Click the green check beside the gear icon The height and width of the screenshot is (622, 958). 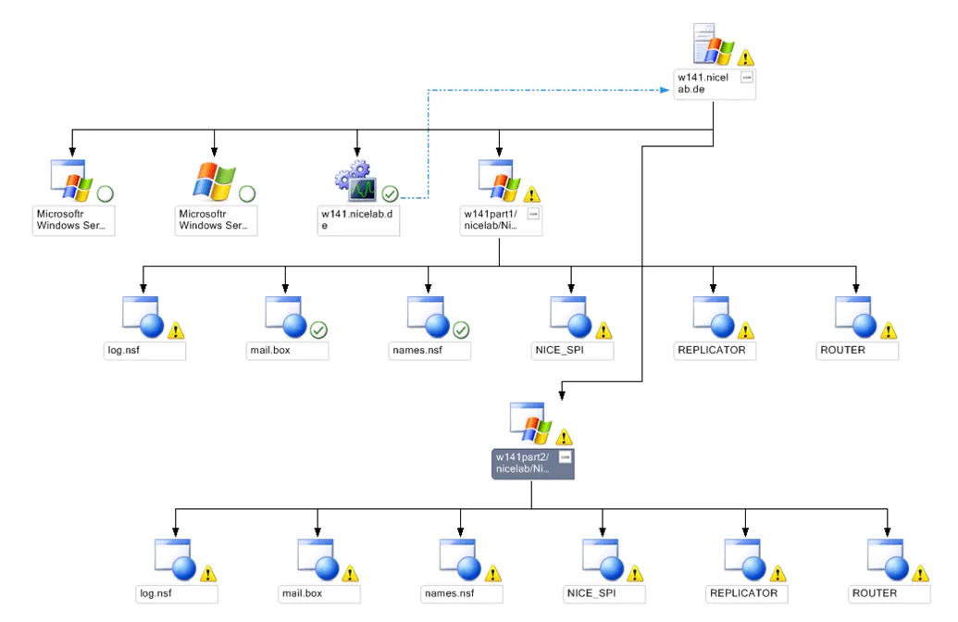click(390, 194)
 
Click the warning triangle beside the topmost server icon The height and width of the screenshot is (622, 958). click(746, 57)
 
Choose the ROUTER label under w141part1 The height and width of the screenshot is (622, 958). click(842, 351)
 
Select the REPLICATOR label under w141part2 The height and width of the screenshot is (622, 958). click(743, 593)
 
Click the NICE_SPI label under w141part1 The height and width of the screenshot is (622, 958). click(560, 351)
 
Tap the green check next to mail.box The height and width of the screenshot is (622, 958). click(318, 330)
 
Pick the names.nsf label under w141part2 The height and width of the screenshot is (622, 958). click(449, 593)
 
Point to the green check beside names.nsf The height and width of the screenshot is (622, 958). click(461, 330)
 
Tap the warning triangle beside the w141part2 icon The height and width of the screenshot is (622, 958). click(564, 437)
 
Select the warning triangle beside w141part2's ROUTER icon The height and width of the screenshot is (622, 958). click(921, 573)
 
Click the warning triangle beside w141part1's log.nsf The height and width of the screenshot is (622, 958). click(177, 330)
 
